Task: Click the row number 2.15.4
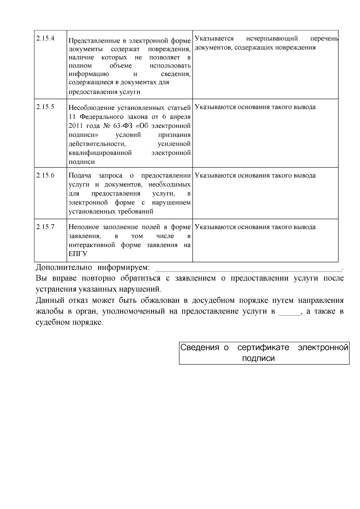coord(45,39)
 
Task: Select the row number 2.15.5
coord(45,107)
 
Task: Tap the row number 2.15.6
coord(45,176)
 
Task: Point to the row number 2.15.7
coord(45,227)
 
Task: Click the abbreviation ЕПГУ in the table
coord(78,254)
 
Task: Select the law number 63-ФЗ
coord(123,125)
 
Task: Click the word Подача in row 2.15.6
coord(79,176)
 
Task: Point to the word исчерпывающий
coord(272,39)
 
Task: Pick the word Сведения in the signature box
coord(199,348)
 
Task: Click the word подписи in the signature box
coord(258,358)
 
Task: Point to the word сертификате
coord(263,348)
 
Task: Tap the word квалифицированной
coord(100,153)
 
